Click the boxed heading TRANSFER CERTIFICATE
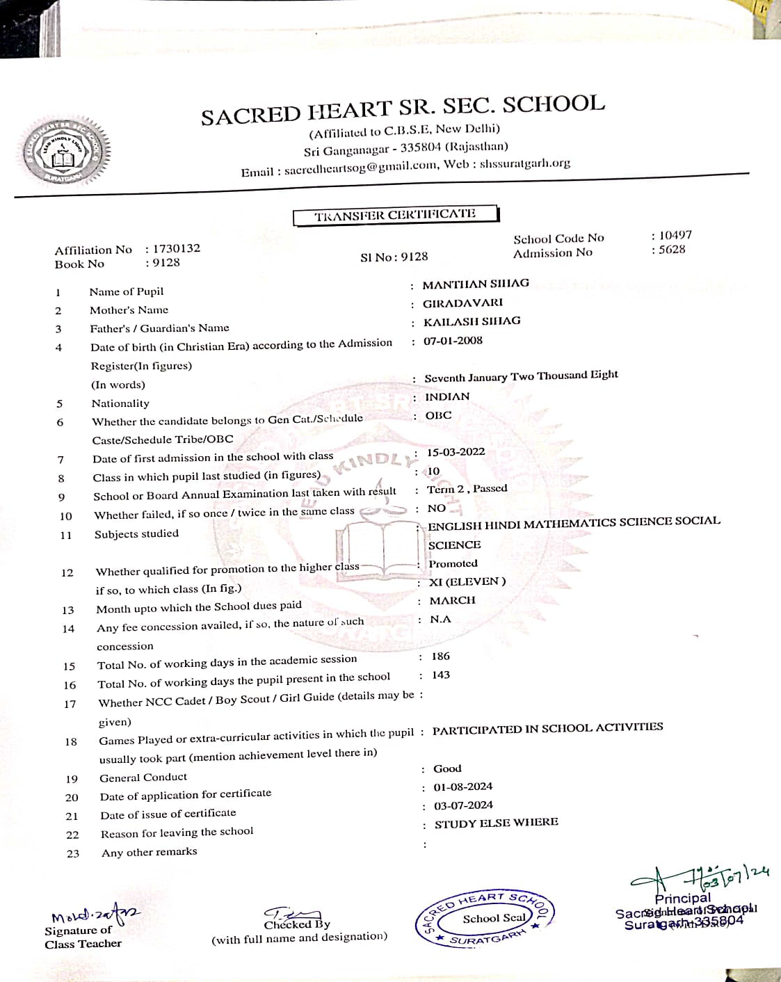(395, 215)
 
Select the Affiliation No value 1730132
(177, 248)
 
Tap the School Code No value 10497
(675, 235)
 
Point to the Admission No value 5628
(672, 250)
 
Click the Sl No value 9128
(414, 257)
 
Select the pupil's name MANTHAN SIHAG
(476, 284)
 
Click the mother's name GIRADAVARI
(462, 303)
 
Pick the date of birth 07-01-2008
(453, 340)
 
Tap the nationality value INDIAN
(447, 396)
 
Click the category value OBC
(438, 415)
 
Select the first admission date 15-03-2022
(456, 452)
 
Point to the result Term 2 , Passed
(467, 489)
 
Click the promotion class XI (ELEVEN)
(467, 581)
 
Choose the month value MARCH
(452, 600)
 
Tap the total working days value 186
(440, 656)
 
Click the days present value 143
(440, 675)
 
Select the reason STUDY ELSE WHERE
(496, 823)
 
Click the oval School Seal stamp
(485, 919)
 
